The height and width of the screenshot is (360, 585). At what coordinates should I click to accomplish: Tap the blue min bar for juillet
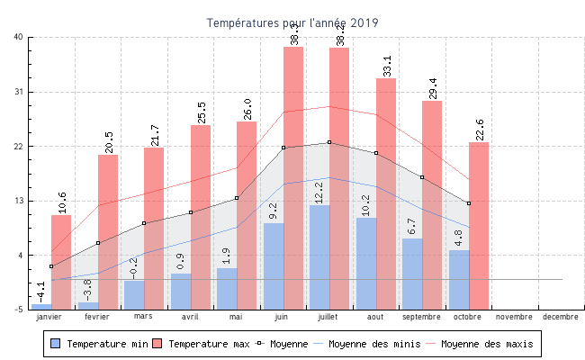click(x=319, y=257)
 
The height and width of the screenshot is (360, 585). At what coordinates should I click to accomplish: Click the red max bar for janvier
click(x=61, y=261)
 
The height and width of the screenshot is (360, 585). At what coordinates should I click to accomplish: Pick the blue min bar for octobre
click(x=459, y=279)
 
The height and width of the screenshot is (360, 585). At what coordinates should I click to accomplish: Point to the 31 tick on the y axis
click(x=18, y=92)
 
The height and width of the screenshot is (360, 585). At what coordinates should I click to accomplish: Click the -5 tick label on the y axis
click(x=18, y=310)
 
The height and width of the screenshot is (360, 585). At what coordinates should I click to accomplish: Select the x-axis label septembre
click(x=422, y=317)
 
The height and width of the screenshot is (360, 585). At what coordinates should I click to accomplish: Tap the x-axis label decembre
click(x=561, y=317)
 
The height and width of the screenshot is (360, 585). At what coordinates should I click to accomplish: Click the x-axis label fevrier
click(x=97, y=317)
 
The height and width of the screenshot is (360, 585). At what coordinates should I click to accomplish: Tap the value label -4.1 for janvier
click(x=40, y=292)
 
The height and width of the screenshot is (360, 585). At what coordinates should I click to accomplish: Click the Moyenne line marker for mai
click(x=237, y=198)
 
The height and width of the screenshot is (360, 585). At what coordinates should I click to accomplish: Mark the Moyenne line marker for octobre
click(x=469, y=203)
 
